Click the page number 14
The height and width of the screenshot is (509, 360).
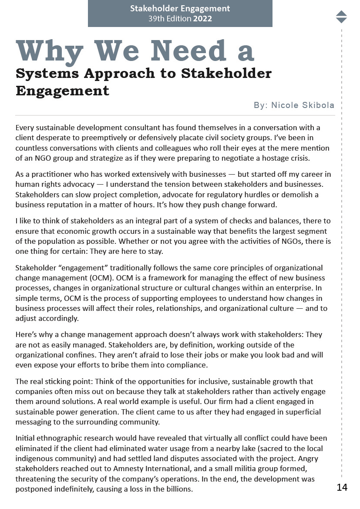coord(342,487)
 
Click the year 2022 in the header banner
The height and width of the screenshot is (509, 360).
coord(202,19)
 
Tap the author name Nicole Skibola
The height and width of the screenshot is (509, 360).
coord(303,105)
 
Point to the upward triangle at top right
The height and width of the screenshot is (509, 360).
coord(341,13)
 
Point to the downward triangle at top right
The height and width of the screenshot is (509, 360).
coord(341,20)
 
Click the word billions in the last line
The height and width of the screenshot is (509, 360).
coord(178,489)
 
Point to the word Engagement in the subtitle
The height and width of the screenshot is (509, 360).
coord(62,91)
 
